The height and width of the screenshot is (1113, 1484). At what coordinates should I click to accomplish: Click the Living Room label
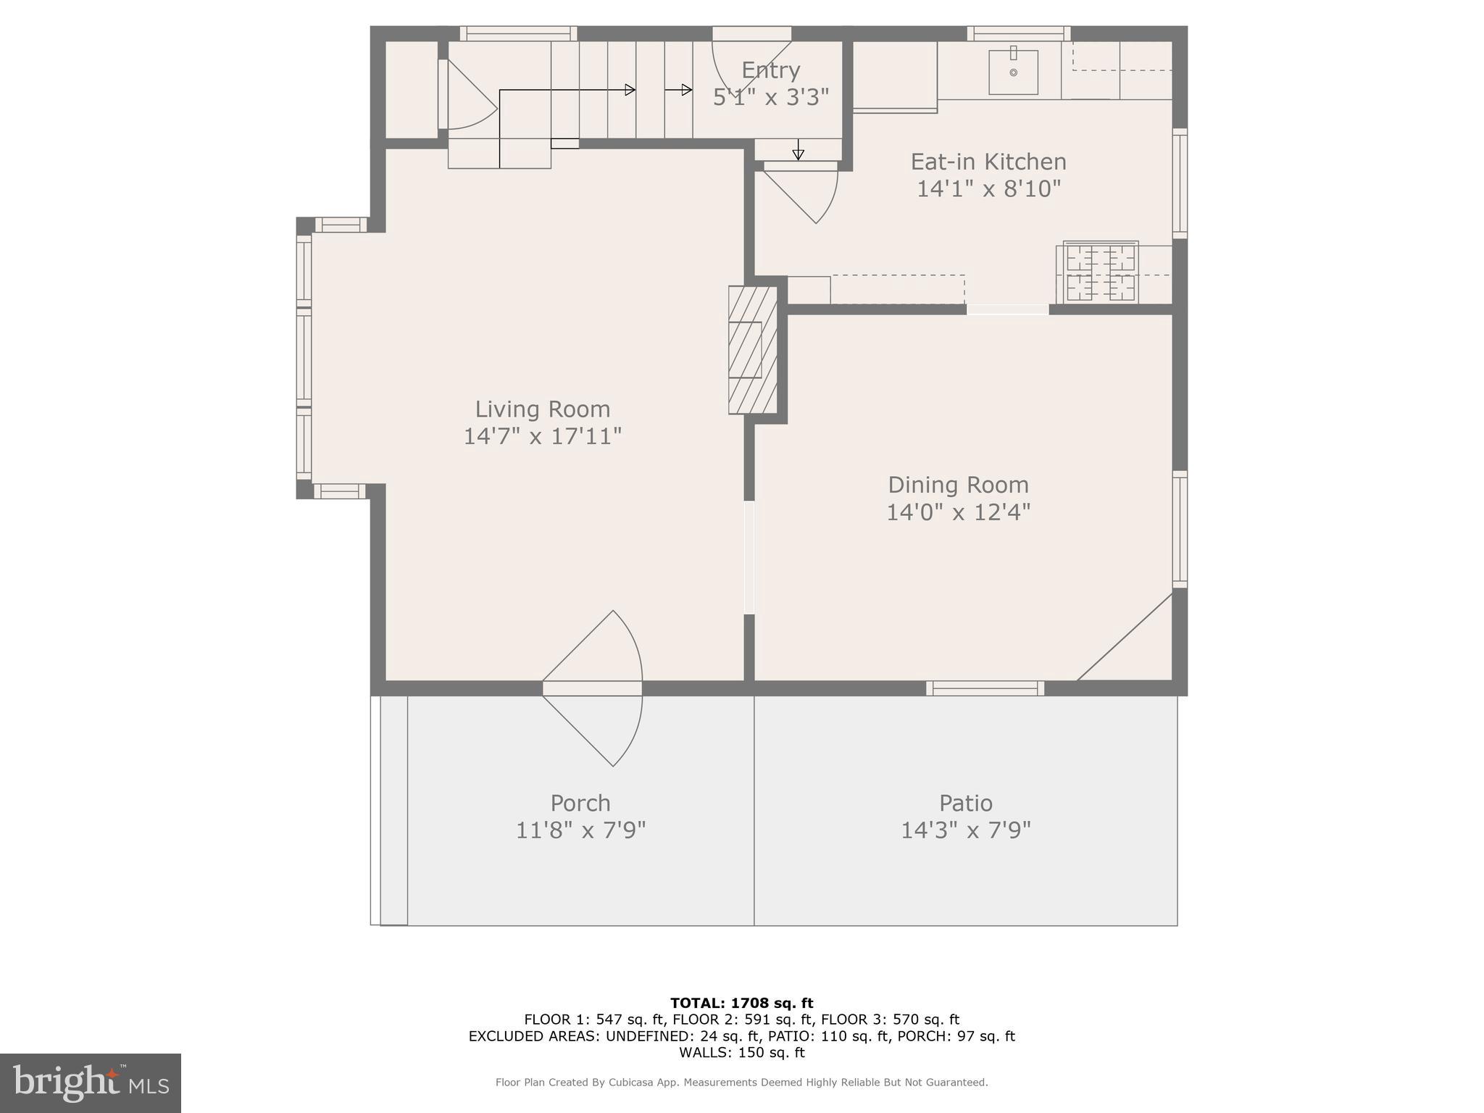pos(542,409)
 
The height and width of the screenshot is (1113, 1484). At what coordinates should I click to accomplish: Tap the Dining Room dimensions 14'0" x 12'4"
pos(958,512)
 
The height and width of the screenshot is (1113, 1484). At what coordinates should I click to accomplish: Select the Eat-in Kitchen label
pos(988,162)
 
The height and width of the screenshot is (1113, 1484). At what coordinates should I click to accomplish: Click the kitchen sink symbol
pos(1013,72)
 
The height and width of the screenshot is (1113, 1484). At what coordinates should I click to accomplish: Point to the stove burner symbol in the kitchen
pos(1101,272)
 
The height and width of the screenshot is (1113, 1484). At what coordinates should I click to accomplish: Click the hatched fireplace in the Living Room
pos(752,350)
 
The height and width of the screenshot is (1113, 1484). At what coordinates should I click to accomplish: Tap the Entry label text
pos(770,70)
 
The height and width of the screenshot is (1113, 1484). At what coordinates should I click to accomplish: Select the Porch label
pos(580,803)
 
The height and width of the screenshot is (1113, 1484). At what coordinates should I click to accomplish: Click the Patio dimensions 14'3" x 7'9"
pos(965,830)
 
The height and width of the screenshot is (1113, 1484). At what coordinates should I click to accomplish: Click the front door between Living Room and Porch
pos(592,688)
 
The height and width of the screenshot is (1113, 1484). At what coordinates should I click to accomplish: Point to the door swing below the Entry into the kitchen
pos(804,192)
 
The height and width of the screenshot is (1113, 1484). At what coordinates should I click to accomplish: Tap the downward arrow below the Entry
pos(798,150)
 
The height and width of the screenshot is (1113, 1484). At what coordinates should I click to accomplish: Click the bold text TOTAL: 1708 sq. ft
pos(741,1003)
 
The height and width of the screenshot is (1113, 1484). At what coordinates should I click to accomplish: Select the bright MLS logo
pos(91,1083)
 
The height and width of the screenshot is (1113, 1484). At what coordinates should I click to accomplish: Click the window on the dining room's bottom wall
pos(985,688)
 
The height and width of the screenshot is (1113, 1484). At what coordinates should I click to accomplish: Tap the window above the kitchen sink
pos(1018,33)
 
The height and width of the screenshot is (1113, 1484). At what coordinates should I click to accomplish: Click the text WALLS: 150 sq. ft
pos(741,1052)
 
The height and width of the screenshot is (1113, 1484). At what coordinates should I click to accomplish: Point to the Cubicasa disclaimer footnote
pos(741,1083)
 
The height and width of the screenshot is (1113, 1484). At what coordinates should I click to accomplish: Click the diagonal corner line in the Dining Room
pos(1125,638)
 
